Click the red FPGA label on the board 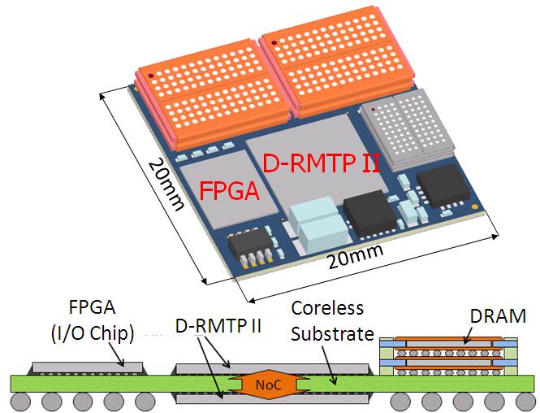coord(229,191)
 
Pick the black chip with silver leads coord(252,247)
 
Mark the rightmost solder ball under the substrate coord(521,401)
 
